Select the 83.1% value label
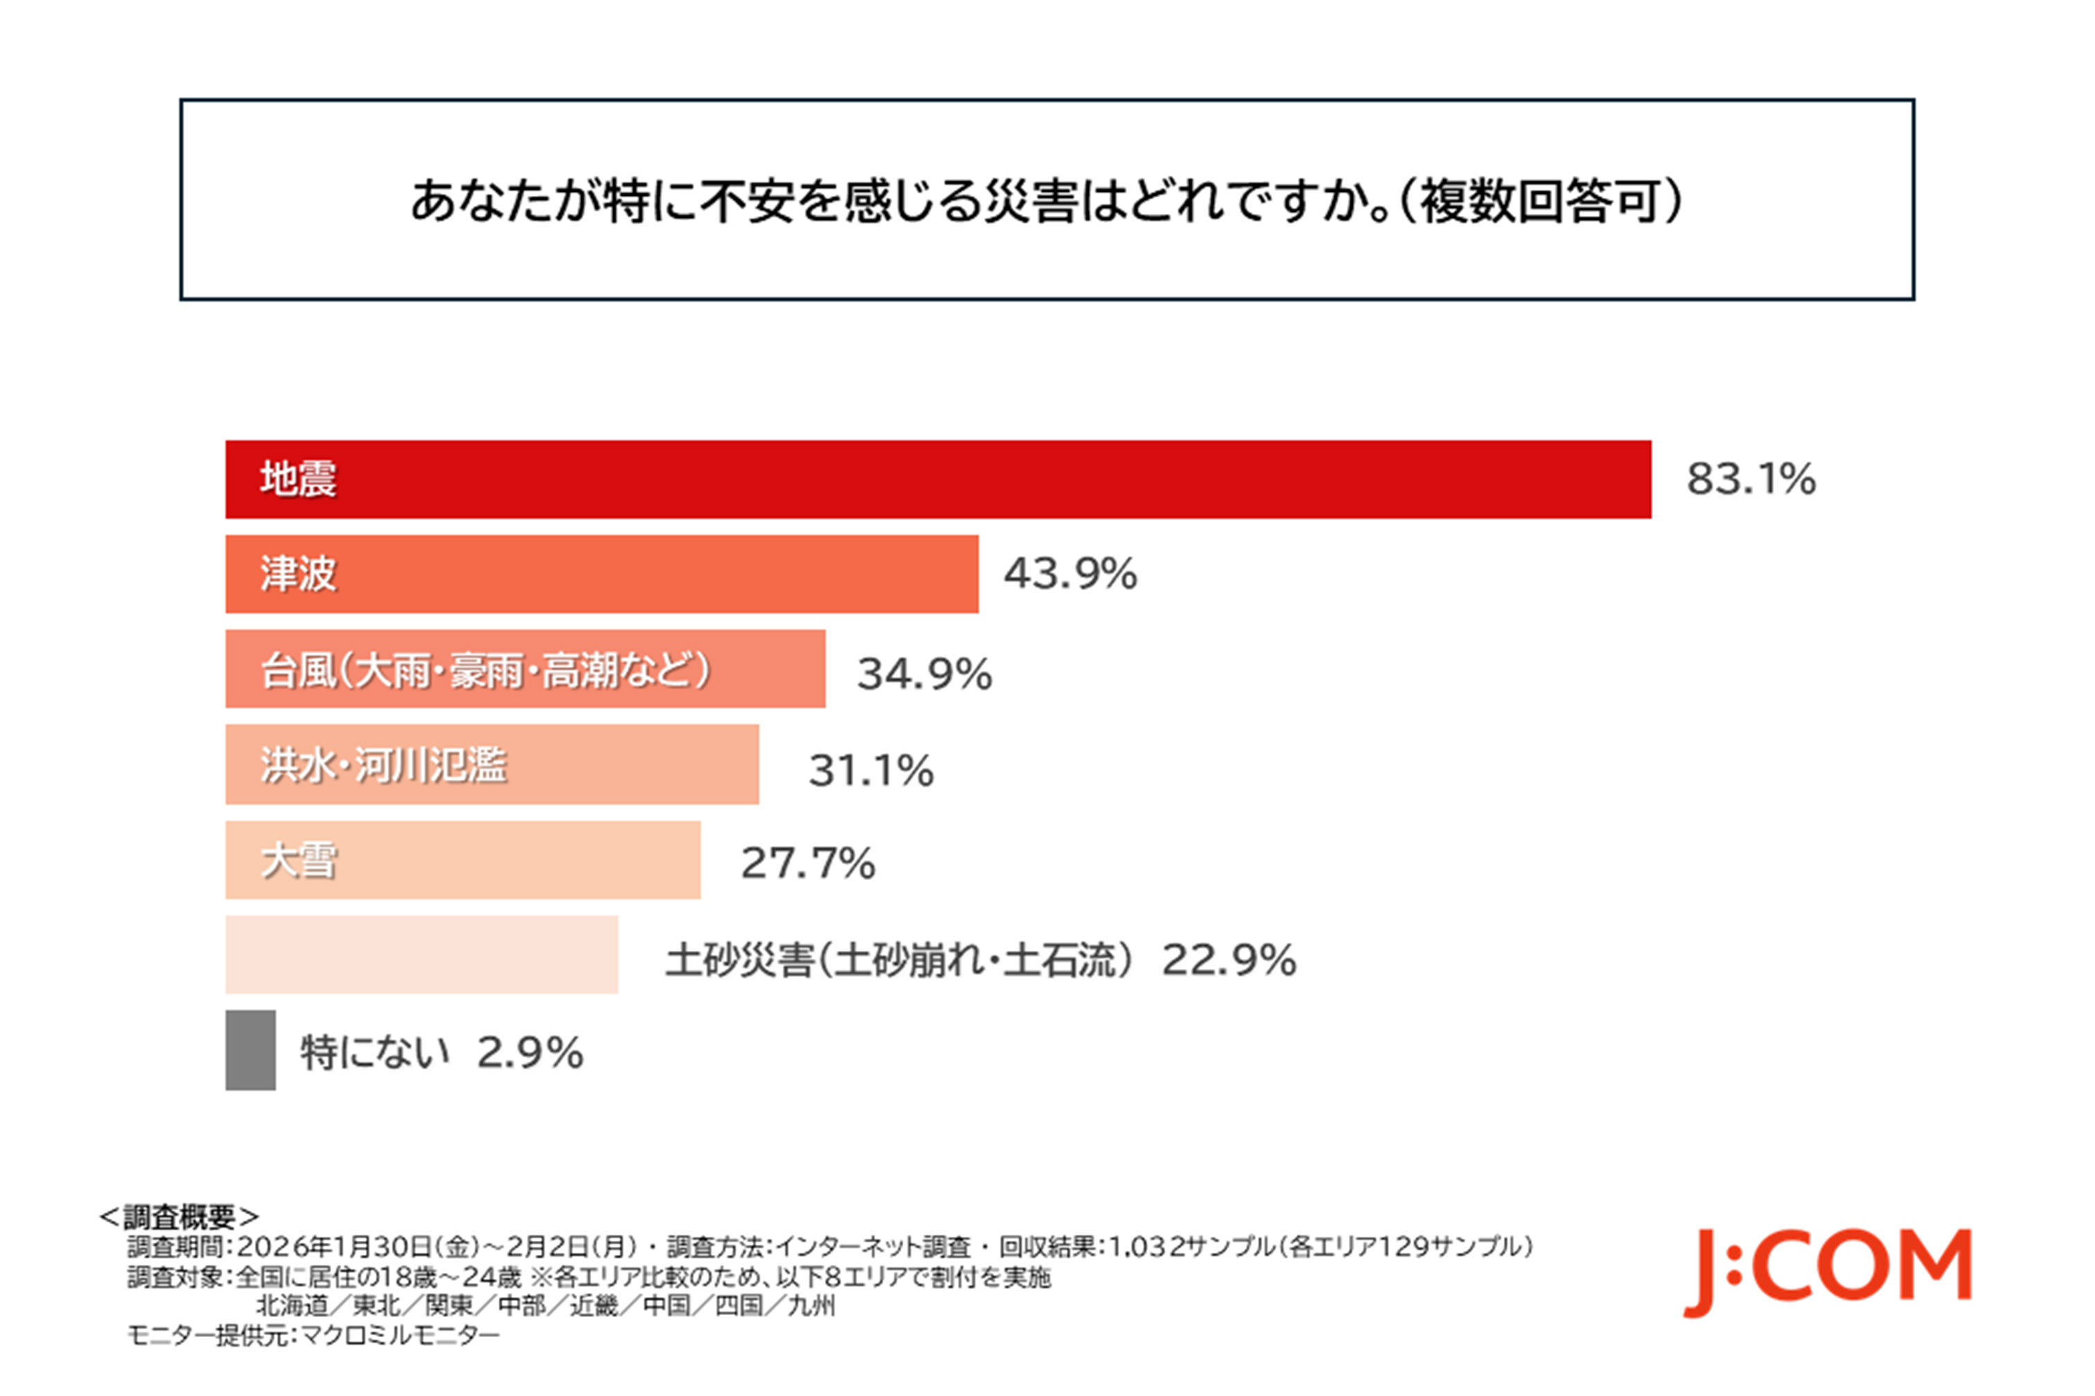tap(1750, 479)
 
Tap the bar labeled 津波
tap(601, 573)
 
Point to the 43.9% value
tap(1070, 573)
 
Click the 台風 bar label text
tap(486, 670)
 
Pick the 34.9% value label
tap(923, 674)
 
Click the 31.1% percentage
tap(870, 770)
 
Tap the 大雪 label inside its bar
tap(299, 861)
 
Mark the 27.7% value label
tap(808, 863)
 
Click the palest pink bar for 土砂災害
tap(421, 954)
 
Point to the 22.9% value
tap(1228, 960)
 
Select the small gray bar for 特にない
tap(250, 1050)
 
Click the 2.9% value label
tap(530, 1053)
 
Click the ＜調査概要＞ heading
tap(178, 1216)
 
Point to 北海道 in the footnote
tap(292, 1306)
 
